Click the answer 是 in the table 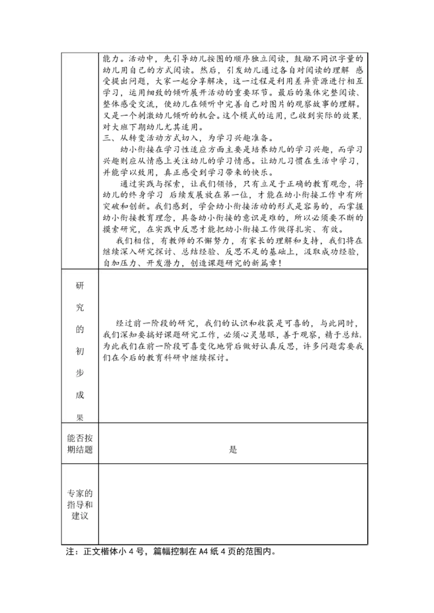(233, 450)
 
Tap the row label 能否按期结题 (80, 444)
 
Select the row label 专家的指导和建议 (80, 505)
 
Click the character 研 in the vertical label (80, 286)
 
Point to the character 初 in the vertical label (80, 351)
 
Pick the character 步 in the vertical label (80, 373)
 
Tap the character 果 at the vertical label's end (80, 417)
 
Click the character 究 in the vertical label (80, 308)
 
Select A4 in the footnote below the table (204, 551)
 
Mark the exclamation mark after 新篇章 (279, 264)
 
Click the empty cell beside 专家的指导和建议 (233, 505)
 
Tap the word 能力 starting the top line (111, 58)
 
